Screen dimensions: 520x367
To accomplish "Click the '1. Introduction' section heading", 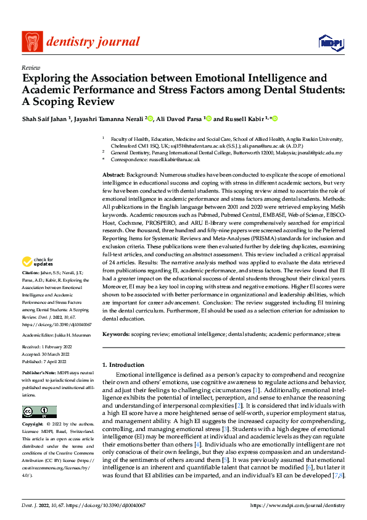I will coord(124,365).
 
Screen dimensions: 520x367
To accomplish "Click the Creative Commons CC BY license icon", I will coord(39,412).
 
